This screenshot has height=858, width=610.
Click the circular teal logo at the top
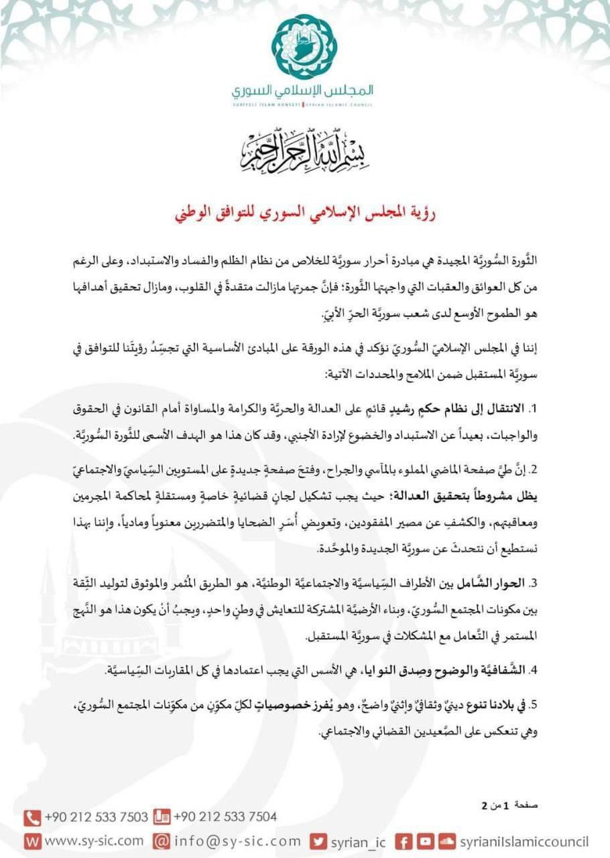[x=304, y=47]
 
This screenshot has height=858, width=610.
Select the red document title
[x=305, y=217]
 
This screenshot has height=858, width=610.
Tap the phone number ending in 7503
[x=97, y=817]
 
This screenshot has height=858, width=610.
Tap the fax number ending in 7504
[x=225, y=817]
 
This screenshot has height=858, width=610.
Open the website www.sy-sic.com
[x=95, y=841]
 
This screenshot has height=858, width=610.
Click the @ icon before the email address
[x=161, y=841]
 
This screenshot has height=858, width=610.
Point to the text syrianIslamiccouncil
[x=524, y=841]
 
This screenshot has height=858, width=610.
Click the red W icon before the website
[x=32, y=841]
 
